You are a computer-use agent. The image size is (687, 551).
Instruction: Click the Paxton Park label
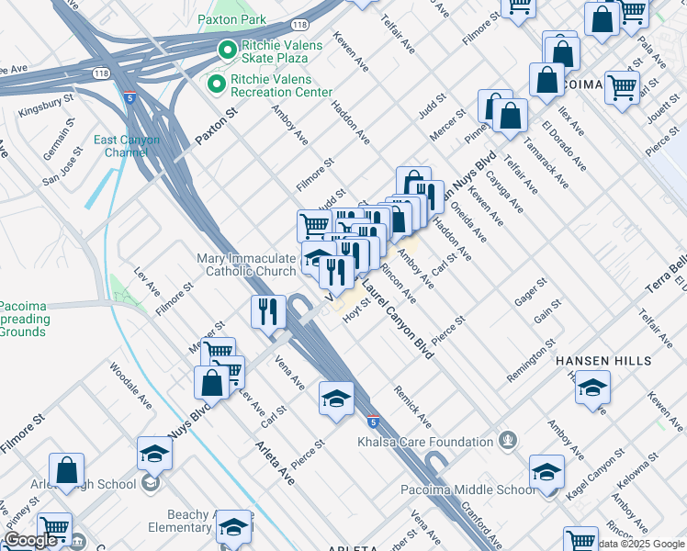coord(231,19)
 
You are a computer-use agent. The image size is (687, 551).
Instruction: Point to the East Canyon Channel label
coord(127,146)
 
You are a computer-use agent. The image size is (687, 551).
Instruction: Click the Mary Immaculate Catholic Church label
coord(246,264)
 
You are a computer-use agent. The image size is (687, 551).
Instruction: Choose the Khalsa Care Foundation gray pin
coord(505,442)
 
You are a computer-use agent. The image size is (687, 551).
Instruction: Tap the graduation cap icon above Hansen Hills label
coord(593,388)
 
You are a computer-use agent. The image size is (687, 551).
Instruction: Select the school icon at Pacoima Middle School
coord(546,474)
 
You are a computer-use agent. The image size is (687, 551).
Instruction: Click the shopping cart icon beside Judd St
coord(314,224)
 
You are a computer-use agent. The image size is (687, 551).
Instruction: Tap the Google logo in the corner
coord(30,540)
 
